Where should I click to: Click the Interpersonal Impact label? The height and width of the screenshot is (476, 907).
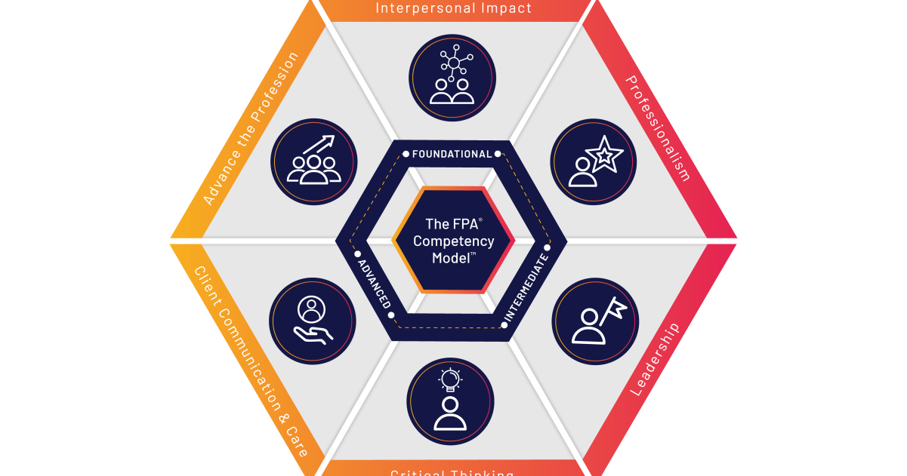(x=453, y=9)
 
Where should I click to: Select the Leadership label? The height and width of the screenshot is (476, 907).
(x=655, y=361)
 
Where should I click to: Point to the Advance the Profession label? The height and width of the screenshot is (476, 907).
(x=251, y=128)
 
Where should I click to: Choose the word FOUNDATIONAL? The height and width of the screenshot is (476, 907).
(x=452, y=154)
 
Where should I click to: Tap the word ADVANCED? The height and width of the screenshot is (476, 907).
(x=375, y=283)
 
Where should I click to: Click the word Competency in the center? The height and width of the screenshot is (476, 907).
(x=453, y=241)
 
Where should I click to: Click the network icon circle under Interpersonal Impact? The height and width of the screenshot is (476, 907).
(x=452, y=78)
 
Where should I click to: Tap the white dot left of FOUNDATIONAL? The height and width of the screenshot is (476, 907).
(x=406, y=154)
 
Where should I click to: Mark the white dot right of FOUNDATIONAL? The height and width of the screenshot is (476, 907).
(x=498, y=154)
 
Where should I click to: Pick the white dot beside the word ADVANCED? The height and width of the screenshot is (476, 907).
(x=358, y=254)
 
